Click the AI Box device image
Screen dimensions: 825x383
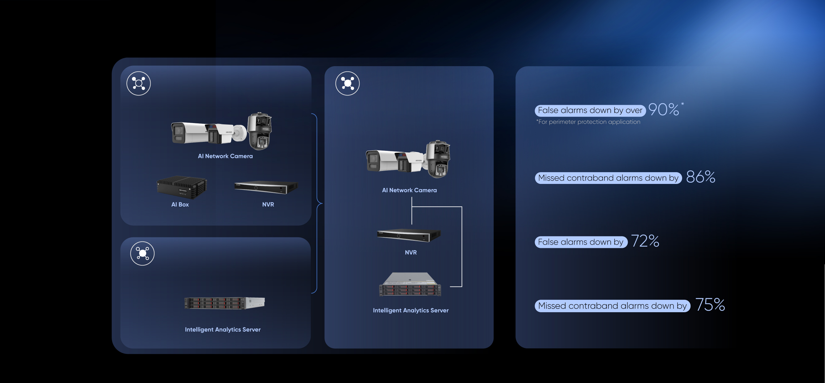182,187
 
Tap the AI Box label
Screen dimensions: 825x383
180,204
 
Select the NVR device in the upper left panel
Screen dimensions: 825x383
266,187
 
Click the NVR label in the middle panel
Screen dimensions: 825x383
411,252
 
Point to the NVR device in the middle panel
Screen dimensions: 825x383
409,235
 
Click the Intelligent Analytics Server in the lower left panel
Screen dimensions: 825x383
224,303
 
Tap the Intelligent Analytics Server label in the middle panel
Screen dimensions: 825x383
411,310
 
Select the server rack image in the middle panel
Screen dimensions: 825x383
410,284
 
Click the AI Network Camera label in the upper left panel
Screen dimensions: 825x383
225,156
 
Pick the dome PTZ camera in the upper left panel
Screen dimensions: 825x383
259,131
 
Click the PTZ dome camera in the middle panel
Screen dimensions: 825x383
438,159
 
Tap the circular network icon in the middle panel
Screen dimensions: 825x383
348,83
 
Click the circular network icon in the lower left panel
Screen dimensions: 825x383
142,253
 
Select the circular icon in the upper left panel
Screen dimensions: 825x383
138,83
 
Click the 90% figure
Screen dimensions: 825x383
664,109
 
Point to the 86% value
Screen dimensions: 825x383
700,177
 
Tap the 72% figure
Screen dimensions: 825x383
645,241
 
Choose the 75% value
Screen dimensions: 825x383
710,304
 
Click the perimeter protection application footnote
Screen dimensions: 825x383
588,122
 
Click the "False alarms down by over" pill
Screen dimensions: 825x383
590,110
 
